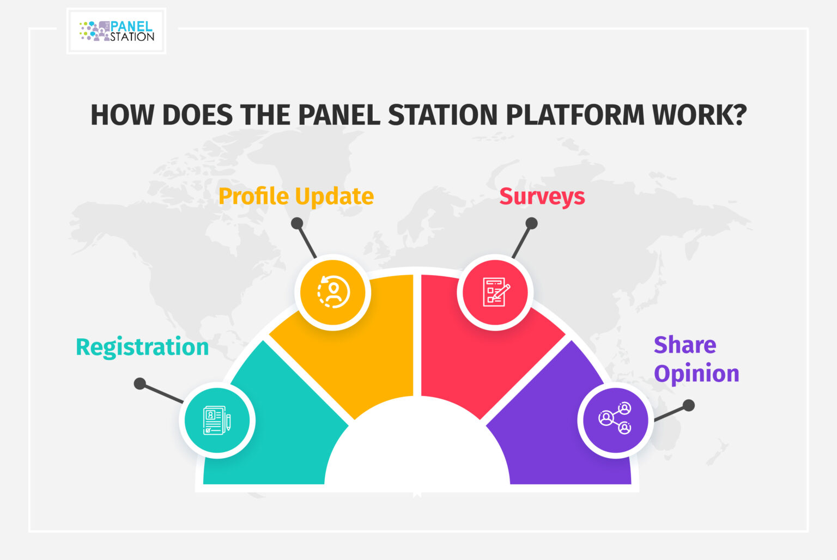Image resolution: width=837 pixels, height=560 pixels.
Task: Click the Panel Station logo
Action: pyautogui.click(x=117, y=31)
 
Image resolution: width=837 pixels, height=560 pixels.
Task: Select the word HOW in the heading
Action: pyautogui.click(x=122, y=115)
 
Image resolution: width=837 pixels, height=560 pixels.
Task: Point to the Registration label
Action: pyautogui.click(x=142, y=347)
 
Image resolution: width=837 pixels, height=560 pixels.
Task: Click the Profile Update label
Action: pyautogui.click(x=296, y=196)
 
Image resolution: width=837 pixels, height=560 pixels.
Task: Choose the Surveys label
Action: pyautogui.click(x=542, y=196)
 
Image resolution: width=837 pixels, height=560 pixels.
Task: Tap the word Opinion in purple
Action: pyautogui.click(x=696, y=374)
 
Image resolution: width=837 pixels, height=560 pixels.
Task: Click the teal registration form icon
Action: pyautogui.click(x=217, y=421)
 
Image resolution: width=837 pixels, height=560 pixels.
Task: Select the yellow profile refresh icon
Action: pyautogui.click(x=333, y=292)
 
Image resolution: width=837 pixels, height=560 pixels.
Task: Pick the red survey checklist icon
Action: pyautogui.click(x=495, y=292)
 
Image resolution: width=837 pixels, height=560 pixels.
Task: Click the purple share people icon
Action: pyautogui.click(x=615, y=419)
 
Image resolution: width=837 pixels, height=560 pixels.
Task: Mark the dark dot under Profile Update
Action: pyautogui.click(x=297, y=223)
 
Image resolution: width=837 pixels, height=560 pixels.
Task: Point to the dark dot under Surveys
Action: pyautogui.click(x=532, y=223)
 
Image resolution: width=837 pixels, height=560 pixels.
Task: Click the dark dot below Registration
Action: pyautogui.click(x=140, y=384)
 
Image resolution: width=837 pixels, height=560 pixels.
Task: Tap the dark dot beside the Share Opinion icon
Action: pyautogui.click(x=689, y=405)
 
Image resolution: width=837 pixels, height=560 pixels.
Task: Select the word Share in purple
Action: pyautogui.click(x=685, y=345)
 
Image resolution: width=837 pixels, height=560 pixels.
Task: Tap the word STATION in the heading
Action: pyautogui.click(x=442, y=115)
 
